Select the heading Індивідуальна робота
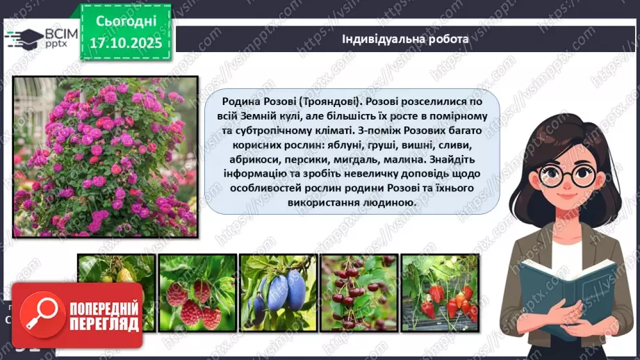405,39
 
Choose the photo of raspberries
197,293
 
